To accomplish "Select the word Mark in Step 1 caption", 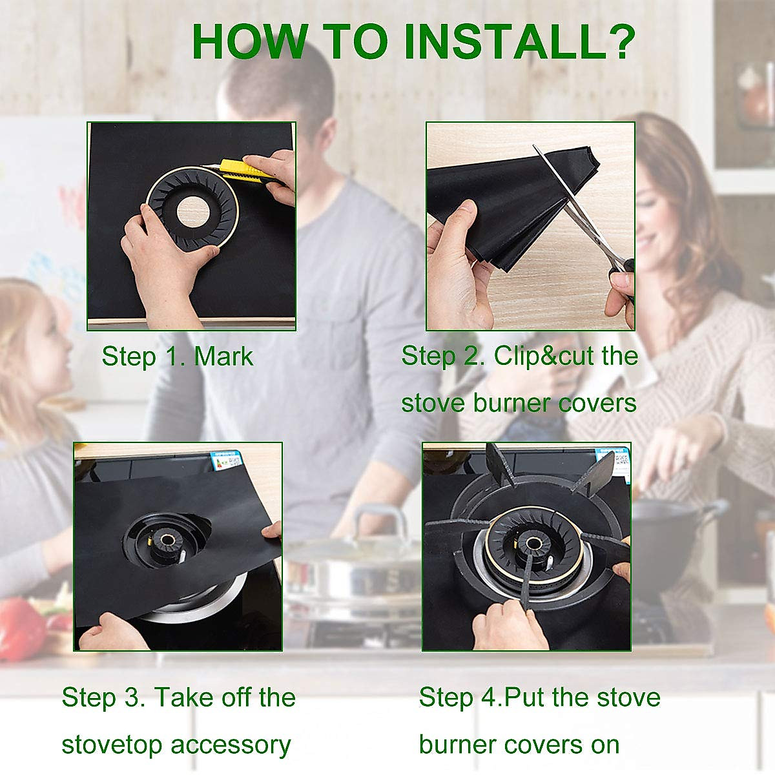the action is (223, 356).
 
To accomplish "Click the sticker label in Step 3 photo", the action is (226, 462).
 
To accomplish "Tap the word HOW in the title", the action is (250, 42).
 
